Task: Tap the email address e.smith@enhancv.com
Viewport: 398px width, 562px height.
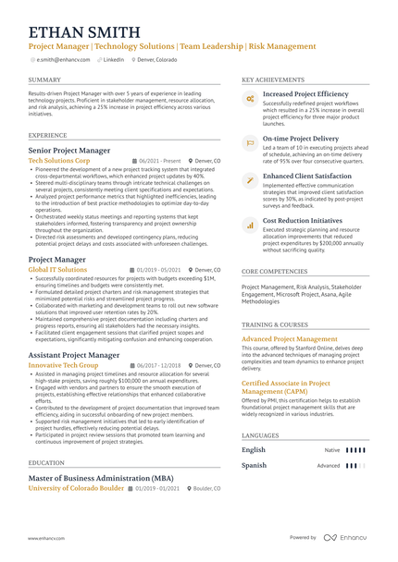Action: click(x=61, y=59)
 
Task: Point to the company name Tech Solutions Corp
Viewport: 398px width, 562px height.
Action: click(x=59, y=160)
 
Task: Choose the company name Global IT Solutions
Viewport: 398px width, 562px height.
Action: click(x=57, y=270)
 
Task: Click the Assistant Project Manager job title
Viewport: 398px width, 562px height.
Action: click(x=74, y=354)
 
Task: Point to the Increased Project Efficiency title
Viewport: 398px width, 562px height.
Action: click(x=305, y=94)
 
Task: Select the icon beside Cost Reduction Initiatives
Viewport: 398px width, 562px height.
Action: click(x=249, y=224)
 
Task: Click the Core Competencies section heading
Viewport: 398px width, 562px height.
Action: click(x=275, y=272)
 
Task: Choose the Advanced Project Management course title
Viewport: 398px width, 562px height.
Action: click(x=290, y=339)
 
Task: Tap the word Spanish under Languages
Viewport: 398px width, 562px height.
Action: click(x=254, y=466)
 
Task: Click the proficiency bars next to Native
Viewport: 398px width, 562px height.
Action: click(x=356, y=450)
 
